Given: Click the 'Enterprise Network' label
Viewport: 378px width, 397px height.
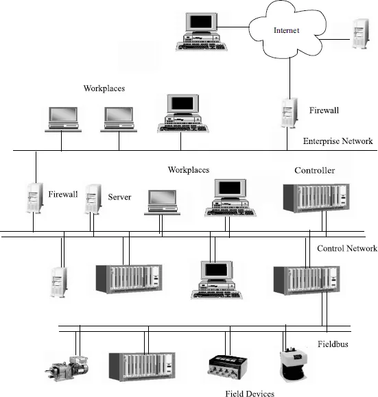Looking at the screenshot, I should tap(338, 141).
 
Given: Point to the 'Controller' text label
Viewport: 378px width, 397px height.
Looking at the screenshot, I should tap(314, 170).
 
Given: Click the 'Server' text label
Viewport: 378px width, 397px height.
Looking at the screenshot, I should tap(119, 197).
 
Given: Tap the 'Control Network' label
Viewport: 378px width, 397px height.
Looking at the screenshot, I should tap(347, 248).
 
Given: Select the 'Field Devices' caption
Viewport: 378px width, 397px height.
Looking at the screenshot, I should tap(249, 393).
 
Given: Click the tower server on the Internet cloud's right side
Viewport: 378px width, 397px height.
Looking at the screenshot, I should tap(358, 34).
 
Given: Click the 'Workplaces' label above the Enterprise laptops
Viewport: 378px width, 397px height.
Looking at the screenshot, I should tap(104, 88).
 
